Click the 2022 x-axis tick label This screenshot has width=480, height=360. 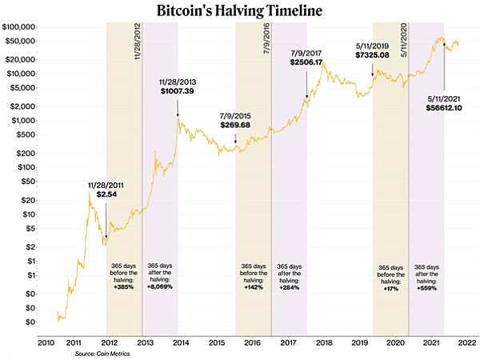pyautogui.click(x=468, y=342)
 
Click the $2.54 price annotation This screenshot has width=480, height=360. pyautogui.click(x=105, y=194)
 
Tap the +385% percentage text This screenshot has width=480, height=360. pyautogui.click(x=124, y=286)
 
